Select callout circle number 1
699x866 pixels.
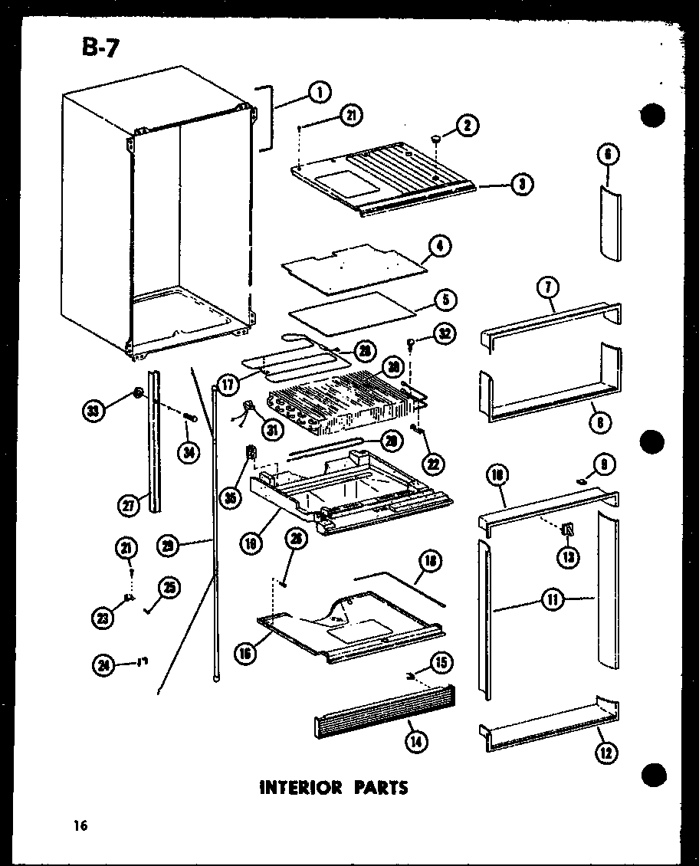tap(320, 93)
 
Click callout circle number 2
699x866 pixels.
tap(467, 125)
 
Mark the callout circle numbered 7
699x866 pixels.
tap(550, 288)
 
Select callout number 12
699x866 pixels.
tap(605, 753)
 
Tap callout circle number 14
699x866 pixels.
tap(418, 741)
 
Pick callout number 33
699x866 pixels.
tap(94, 412)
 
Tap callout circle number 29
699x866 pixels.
tap(168, 545)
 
